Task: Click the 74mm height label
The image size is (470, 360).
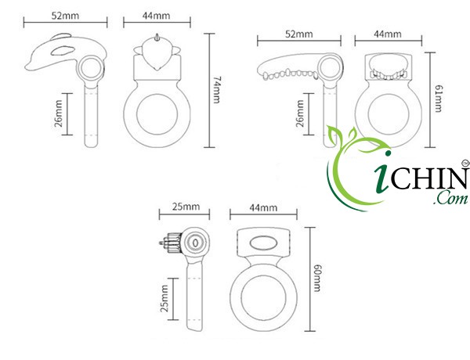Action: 217,90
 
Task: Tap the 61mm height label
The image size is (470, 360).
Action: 438,99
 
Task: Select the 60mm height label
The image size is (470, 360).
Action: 316,279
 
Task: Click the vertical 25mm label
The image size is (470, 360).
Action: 164,298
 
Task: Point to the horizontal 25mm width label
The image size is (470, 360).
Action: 186,207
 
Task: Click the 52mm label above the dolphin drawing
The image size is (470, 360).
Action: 65,16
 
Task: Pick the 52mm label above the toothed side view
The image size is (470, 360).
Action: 299,34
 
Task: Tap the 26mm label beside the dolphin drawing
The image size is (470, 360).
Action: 59,113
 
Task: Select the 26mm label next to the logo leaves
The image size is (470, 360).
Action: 300,113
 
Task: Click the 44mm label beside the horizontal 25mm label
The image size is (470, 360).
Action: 263,207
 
